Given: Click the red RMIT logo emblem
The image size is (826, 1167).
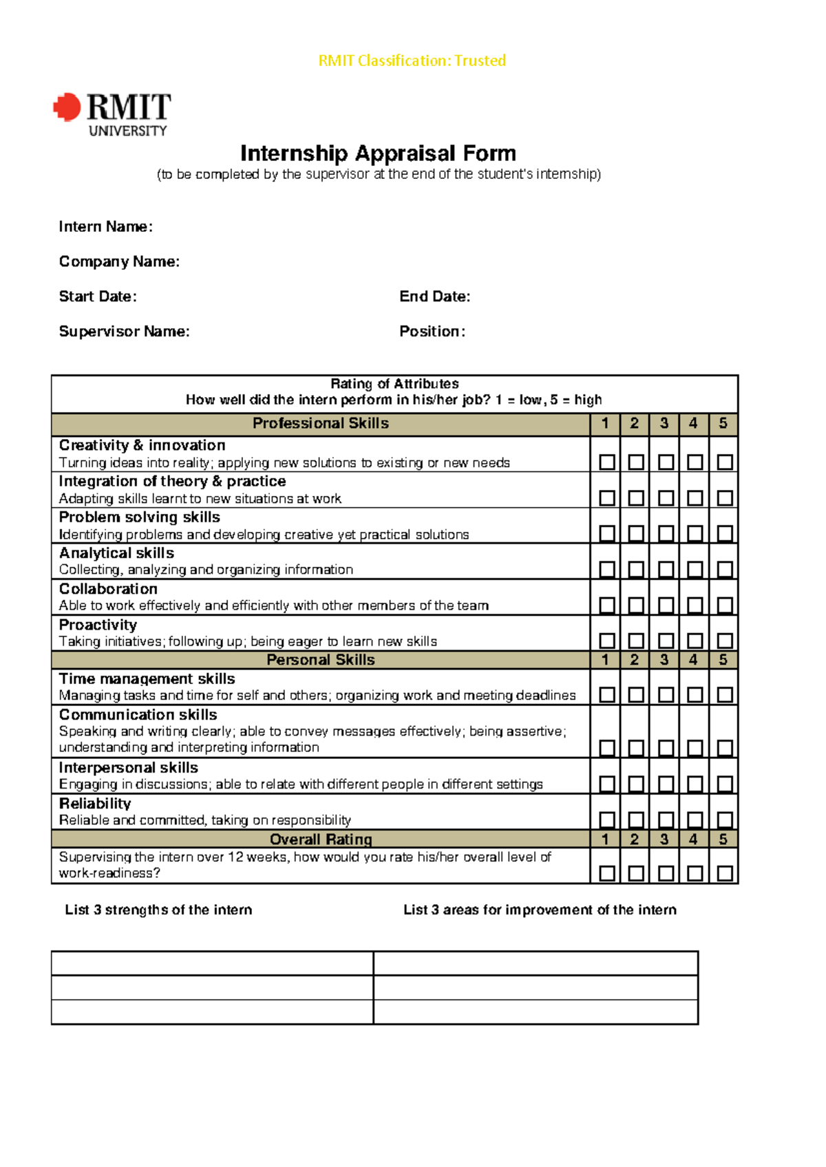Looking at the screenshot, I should [x=67, y=107].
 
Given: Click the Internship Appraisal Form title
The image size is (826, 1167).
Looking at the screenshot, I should [x=378, y=153].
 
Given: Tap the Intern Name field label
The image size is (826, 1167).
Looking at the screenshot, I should [x=105, y=227].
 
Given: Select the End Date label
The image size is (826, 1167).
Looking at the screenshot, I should [x=434, y=297].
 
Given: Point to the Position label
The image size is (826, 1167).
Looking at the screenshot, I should [x=432, y=332].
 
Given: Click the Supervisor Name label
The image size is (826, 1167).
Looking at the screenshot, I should [x=124, y=332].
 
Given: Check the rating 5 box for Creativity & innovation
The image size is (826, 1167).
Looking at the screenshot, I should [x=724, y=462].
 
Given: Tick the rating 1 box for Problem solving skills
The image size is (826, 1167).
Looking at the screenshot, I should [x=606, y=533].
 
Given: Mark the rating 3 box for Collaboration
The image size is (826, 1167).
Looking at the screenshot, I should [x=666, y=605].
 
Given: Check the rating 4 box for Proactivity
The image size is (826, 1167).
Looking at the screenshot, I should [x=695, y=641].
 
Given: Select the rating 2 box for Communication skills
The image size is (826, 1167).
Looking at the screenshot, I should [x=636, y=747].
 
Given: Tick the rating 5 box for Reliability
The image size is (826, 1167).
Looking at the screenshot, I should [x=724, y=819].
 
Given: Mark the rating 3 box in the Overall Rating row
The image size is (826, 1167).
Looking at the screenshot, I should [x=666, y=872].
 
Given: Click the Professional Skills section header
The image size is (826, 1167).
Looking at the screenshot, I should [x=320, y=423].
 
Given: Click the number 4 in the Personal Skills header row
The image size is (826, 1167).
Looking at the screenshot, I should [x=693, y=660].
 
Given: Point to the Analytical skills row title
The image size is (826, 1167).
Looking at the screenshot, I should [x=116, y=553].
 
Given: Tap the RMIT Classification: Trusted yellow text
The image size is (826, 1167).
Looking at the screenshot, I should [x=412, y=61].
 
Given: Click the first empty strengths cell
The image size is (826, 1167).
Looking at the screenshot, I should [x=212, y=963].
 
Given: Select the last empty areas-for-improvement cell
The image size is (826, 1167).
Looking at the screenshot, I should [x=536, y=1011].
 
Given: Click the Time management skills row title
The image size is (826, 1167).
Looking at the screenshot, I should [x=147, y=679].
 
